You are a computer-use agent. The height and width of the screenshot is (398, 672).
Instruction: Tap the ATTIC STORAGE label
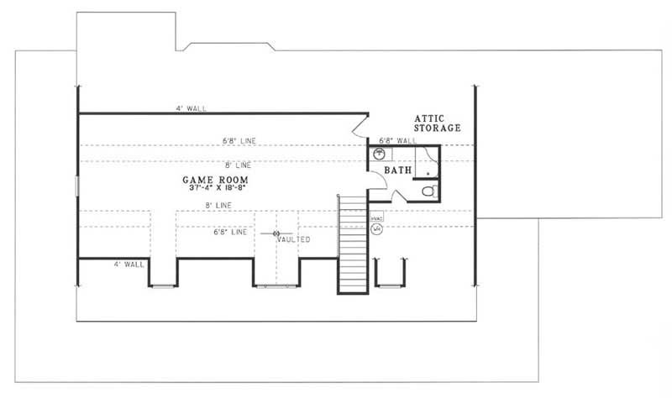point(436,123)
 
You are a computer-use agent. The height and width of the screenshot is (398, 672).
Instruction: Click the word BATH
point(397,170)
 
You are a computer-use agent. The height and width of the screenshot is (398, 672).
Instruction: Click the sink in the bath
point(379,154)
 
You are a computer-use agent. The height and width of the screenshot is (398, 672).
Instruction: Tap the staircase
point(353,244)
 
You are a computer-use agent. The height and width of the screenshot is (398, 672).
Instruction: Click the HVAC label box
point(376,217)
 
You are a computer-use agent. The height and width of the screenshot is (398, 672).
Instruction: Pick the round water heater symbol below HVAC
point(376,228)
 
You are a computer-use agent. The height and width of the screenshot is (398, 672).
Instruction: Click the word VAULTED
point(295,239)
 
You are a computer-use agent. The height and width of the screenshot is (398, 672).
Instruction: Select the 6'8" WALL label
point(397,140)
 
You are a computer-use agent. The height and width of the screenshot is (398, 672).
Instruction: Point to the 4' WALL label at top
point(191,108)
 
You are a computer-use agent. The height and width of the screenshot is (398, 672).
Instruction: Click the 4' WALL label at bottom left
point(129,264)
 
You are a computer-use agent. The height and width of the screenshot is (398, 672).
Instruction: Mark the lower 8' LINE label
point(218,206)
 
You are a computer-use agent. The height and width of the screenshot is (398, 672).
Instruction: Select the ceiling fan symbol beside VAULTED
point(276,233)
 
